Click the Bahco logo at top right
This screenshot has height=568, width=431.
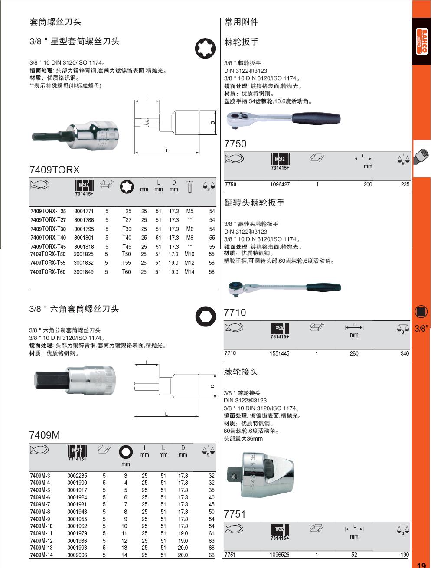(421, 41)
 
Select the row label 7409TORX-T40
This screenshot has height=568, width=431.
(48, 238)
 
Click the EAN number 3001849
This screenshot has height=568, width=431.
(84, 272)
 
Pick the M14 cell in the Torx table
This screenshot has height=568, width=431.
(189, 272)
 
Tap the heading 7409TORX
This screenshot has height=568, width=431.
(55, 170)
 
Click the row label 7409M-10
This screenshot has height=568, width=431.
(41, 526)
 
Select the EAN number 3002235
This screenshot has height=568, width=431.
(77, 476)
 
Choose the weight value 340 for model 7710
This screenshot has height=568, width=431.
(404, 353)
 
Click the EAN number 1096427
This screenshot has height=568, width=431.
(280, 184)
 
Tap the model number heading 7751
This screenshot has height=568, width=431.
(235, 514)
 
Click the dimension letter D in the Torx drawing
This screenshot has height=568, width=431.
(212, 123)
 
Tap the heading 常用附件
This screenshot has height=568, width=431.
(242, 22)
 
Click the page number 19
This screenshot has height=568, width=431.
(421, 565)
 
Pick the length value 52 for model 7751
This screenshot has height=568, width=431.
(354, 555)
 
